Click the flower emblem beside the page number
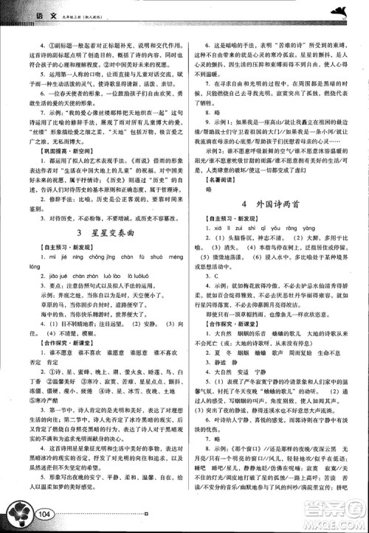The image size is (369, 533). [x=18, y=509]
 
